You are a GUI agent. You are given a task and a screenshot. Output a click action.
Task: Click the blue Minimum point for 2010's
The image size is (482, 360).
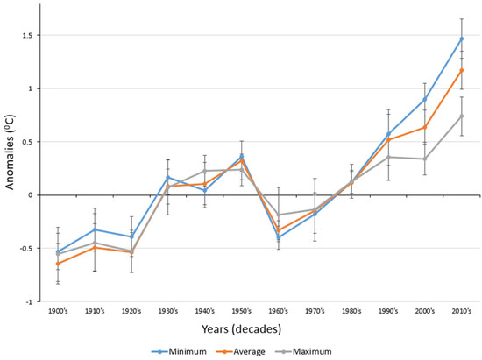462,39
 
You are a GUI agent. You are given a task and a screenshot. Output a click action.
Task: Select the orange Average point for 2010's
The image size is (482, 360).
462,70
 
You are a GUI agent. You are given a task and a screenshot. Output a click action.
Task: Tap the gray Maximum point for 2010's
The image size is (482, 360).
462,116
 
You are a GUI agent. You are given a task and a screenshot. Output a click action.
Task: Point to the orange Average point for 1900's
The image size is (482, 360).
58,264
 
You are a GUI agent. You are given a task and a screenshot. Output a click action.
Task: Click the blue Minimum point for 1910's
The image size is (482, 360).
95,229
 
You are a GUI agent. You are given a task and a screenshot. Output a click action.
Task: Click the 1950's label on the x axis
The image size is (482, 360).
242,312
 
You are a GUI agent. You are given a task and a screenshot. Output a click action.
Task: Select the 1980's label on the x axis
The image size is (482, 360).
351,312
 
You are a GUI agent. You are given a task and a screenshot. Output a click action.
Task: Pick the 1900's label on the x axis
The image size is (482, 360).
58,312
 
